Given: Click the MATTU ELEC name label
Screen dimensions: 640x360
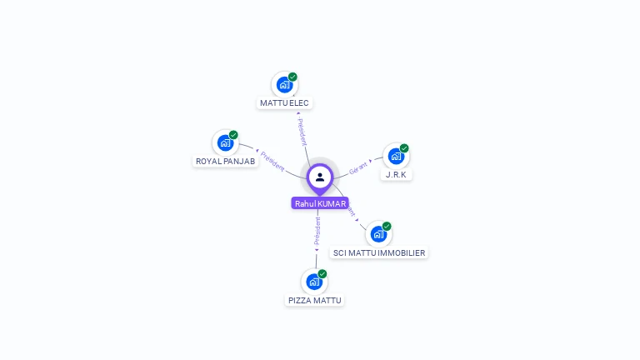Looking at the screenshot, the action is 284,103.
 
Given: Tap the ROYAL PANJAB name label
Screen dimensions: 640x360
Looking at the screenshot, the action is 225,162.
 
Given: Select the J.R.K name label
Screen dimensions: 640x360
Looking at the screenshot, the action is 396,175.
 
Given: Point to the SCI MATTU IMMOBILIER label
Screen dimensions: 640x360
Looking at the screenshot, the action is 378,252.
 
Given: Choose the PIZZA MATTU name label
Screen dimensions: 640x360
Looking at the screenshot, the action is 314,300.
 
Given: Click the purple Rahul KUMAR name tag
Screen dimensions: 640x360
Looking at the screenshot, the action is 320,203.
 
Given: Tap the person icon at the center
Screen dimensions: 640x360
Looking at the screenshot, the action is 320,177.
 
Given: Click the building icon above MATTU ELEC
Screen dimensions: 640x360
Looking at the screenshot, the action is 284,84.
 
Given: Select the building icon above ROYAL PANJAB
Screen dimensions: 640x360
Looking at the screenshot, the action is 225,142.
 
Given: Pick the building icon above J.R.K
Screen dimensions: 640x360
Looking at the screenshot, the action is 396,156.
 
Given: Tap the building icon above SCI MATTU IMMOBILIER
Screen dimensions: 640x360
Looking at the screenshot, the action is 378,233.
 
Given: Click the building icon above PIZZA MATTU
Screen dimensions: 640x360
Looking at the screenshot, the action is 314,281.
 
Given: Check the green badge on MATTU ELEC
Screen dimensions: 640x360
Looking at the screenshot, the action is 292,77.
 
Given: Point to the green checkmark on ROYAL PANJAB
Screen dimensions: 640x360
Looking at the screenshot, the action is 233,135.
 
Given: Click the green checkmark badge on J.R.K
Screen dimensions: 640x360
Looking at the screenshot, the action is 404,148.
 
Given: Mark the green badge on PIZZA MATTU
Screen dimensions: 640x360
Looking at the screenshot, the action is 322,273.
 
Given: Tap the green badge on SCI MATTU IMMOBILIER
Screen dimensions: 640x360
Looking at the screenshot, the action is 387,226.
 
